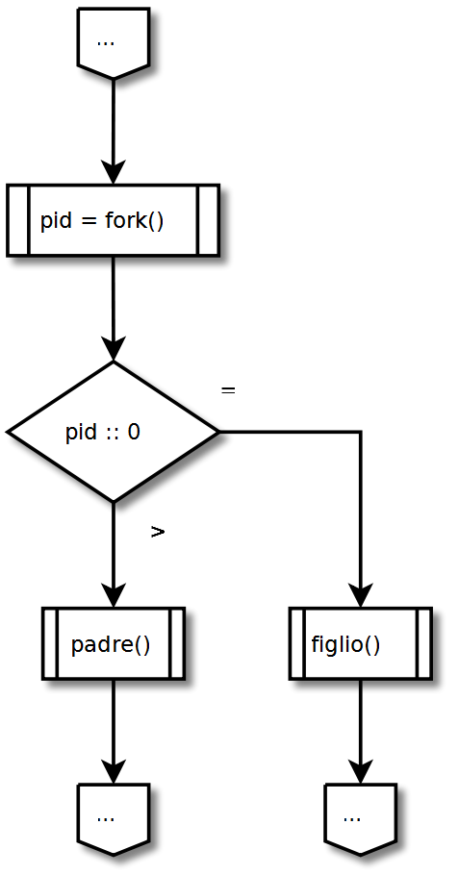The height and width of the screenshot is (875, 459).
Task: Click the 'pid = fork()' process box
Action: [113, 220]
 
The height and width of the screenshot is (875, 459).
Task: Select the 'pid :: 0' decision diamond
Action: [113, 432]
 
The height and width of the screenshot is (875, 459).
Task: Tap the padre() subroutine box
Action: [114, 643]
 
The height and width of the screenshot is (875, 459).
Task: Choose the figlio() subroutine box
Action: [361, 643]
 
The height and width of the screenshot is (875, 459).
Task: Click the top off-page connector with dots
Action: [114, 43]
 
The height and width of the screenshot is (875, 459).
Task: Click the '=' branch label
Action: [228, 390]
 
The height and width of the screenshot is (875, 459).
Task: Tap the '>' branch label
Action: [158, 533]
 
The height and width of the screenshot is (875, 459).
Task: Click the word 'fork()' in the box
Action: [134, 221]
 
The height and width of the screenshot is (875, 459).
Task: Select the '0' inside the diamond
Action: [134, 432]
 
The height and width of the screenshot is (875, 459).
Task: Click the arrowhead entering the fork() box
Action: [114, 172]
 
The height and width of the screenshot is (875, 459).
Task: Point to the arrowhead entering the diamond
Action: [114, 349]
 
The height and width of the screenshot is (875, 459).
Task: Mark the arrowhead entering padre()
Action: [114, 595]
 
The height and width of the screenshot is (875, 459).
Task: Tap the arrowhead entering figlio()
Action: [361, 595]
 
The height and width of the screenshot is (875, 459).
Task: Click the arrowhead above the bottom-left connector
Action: [114, 772]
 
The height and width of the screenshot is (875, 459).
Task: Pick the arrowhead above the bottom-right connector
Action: [361, 772]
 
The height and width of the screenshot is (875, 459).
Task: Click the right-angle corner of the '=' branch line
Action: [361, 432]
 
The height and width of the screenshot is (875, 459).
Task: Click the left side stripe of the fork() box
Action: [18, 220]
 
